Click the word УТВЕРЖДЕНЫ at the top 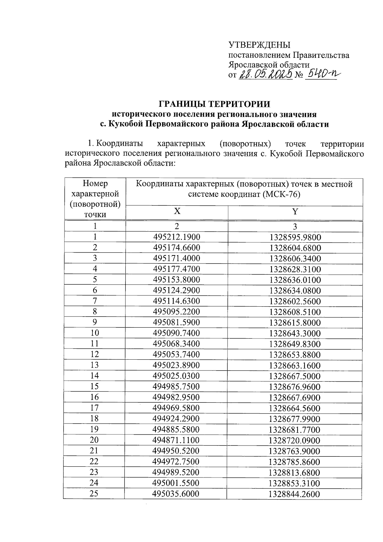(x=259, y=45)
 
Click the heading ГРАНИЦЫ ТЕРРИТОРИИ (x=214, y=104)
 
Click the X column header (x=177, y=211)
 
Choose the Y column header (x=295, y=211)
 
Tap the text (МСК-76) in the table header (x=282, y=194)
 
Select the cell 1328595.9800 (x=295, y=237)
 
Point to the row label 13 (x=94, y=365)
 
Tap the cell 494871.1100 (x=176, y=440)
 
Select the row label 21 (x=94, y=451)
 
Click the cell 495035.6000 (x=176, y=494)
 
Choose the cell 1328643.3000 (x=295, y=333)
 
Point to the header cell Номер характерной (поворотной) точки (x=95, y=199)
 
